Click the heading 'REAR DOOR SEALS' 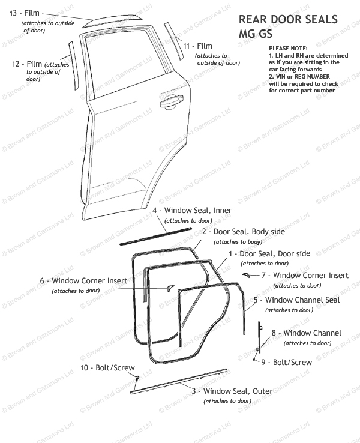coord(288,20)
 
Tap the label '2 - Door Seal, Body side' coord(243,231)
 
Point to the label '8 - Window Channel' coord(306,333)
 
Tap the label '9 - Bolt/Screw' coord(286,362)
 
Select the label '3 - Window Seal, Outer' coord(232,391)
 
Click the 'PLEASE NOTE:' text coord(288,48)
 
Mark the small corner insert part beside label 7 coord(247,274)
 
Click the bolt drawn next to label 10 coord(137,378)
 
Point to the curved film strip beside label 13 coord(115,21)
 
